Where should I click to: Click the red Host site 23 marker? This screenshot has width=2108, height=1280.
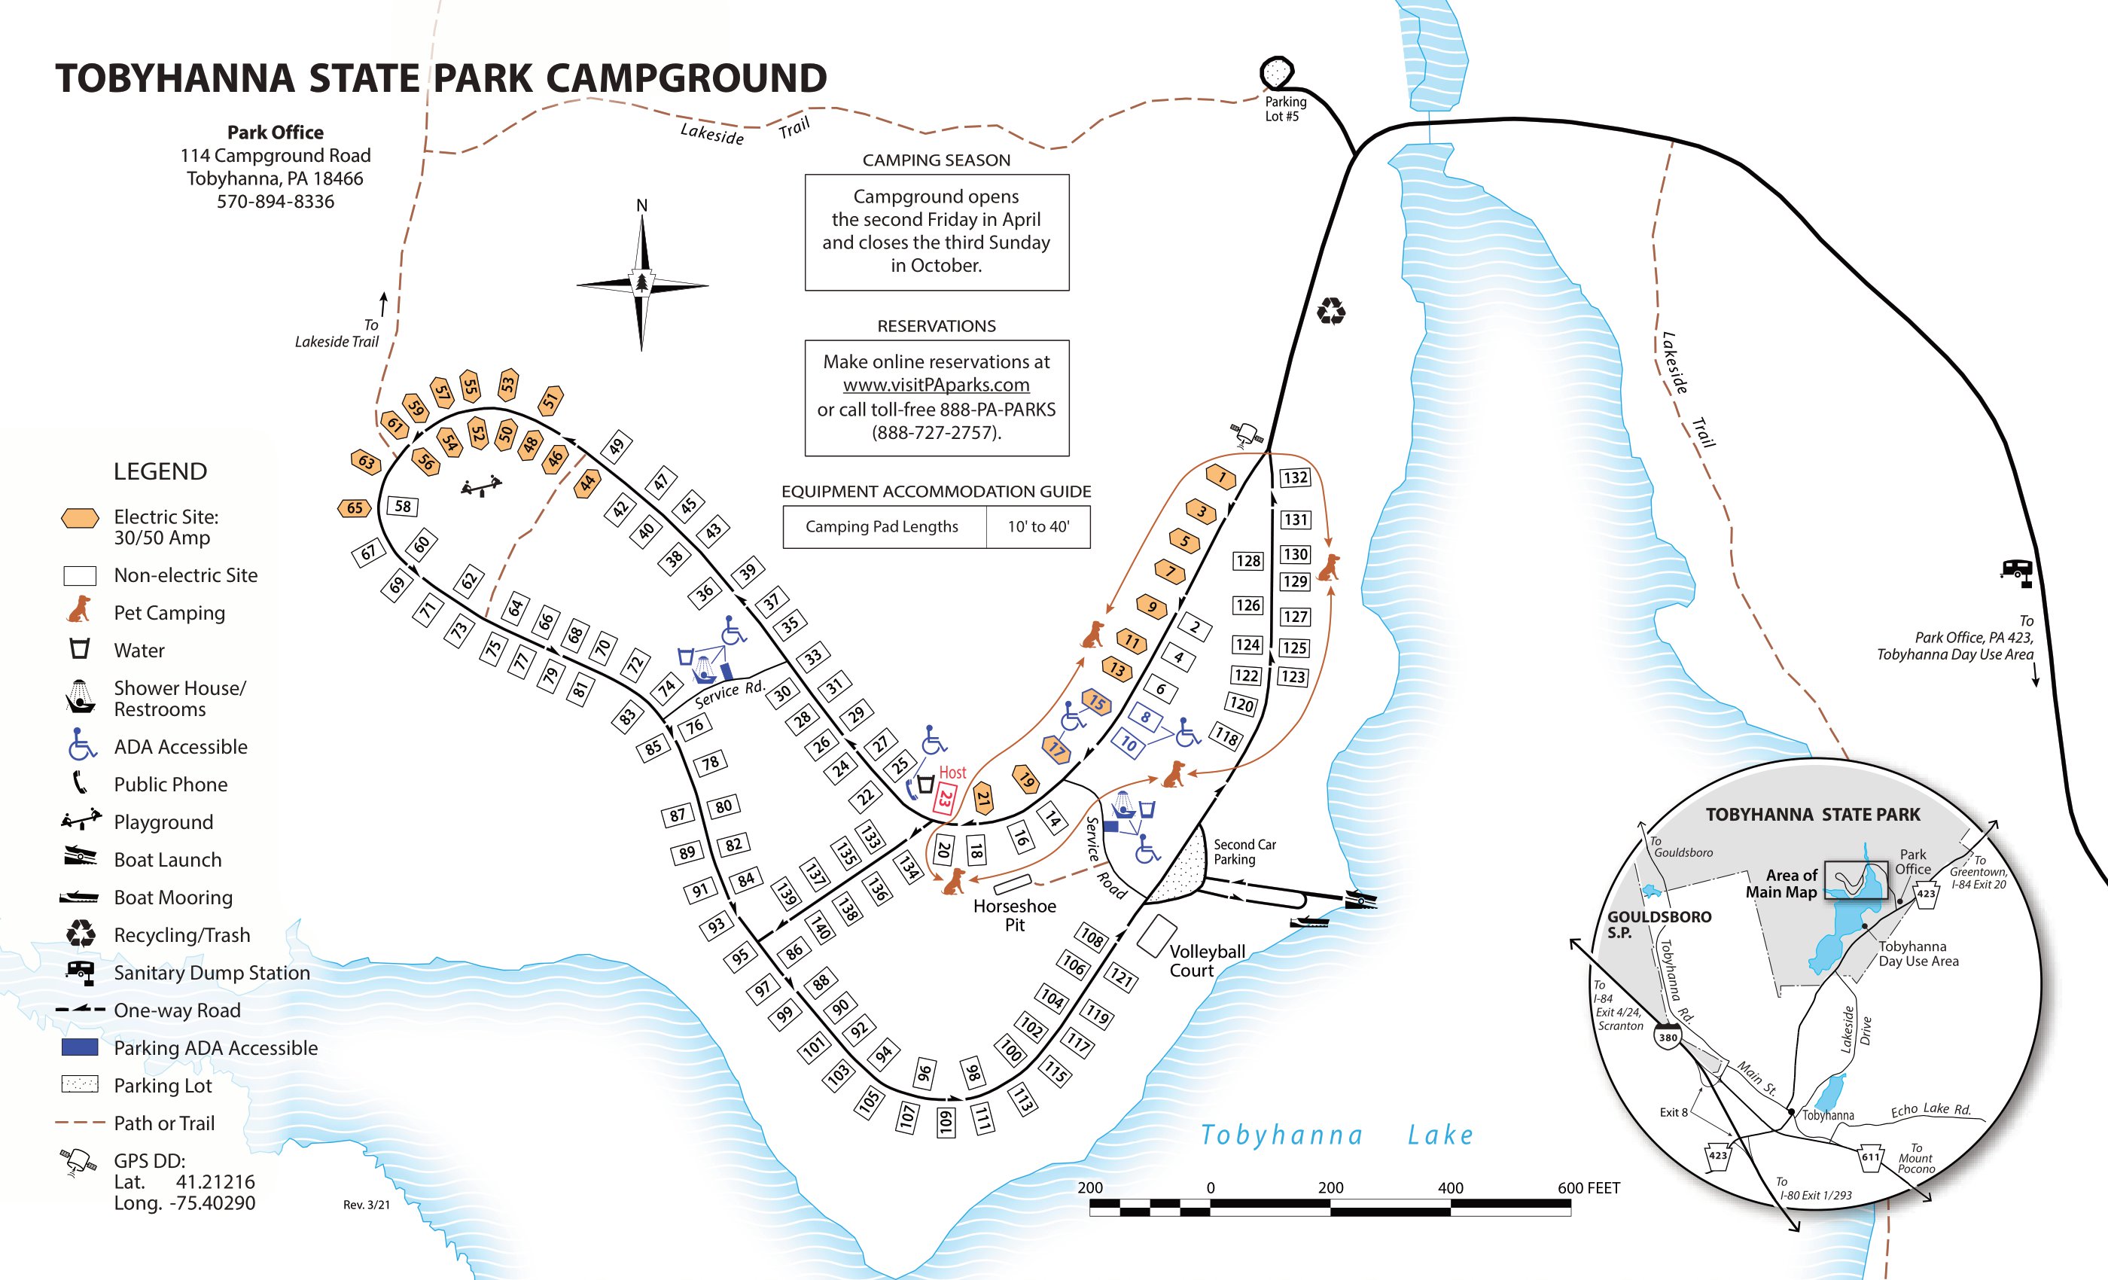(946, 799)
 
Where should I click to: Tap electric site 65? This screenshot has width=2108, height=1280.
(354, 508)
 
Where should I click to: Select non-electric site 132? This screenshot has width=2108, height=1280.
(1294, 477)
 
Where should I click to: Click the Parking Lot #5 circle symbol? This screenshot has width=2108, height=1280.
(1276, 73)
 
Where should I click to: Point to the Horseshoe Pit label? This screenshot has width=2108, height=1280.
(1015, 915)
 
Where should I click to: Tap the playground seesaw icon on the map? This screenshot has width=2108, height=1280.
(482, 487)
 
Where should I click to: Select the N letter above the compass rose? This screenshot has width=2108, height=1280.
(641, 206)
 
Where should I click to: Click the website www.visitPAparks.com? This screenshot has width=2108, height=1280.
(936, 385)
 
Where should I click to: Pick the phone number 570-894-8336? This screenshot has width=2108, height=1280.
(275, 202)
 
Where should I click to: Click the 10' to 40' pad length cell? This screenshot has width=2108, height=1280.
(1037, 527)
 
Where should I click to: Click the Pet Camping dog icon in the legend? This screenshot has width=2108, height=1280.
(80, 610)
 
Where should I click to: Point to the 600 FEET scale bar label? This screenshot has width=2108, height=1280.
(1588, 1187)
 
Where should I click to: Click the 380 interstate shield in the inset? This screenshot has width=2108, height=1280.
(1668, 1037)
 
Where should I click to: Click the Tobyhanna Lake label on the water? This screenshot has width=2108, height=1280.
(1337, 1135)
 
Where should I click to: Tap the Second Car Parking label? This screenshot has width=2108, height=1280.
(1244, 852)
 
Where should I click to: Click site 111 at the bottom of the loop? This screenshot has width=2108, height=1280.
(982, 1118)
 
